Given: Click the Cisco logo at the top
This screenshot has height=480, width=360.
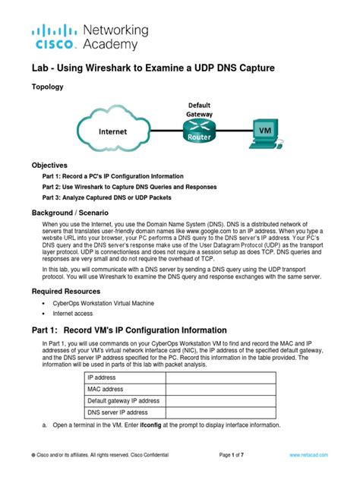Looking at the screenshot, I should pos(53,36).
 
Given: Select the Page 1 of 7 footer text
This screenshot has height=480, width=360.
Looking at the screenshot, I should pos(237,453).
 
